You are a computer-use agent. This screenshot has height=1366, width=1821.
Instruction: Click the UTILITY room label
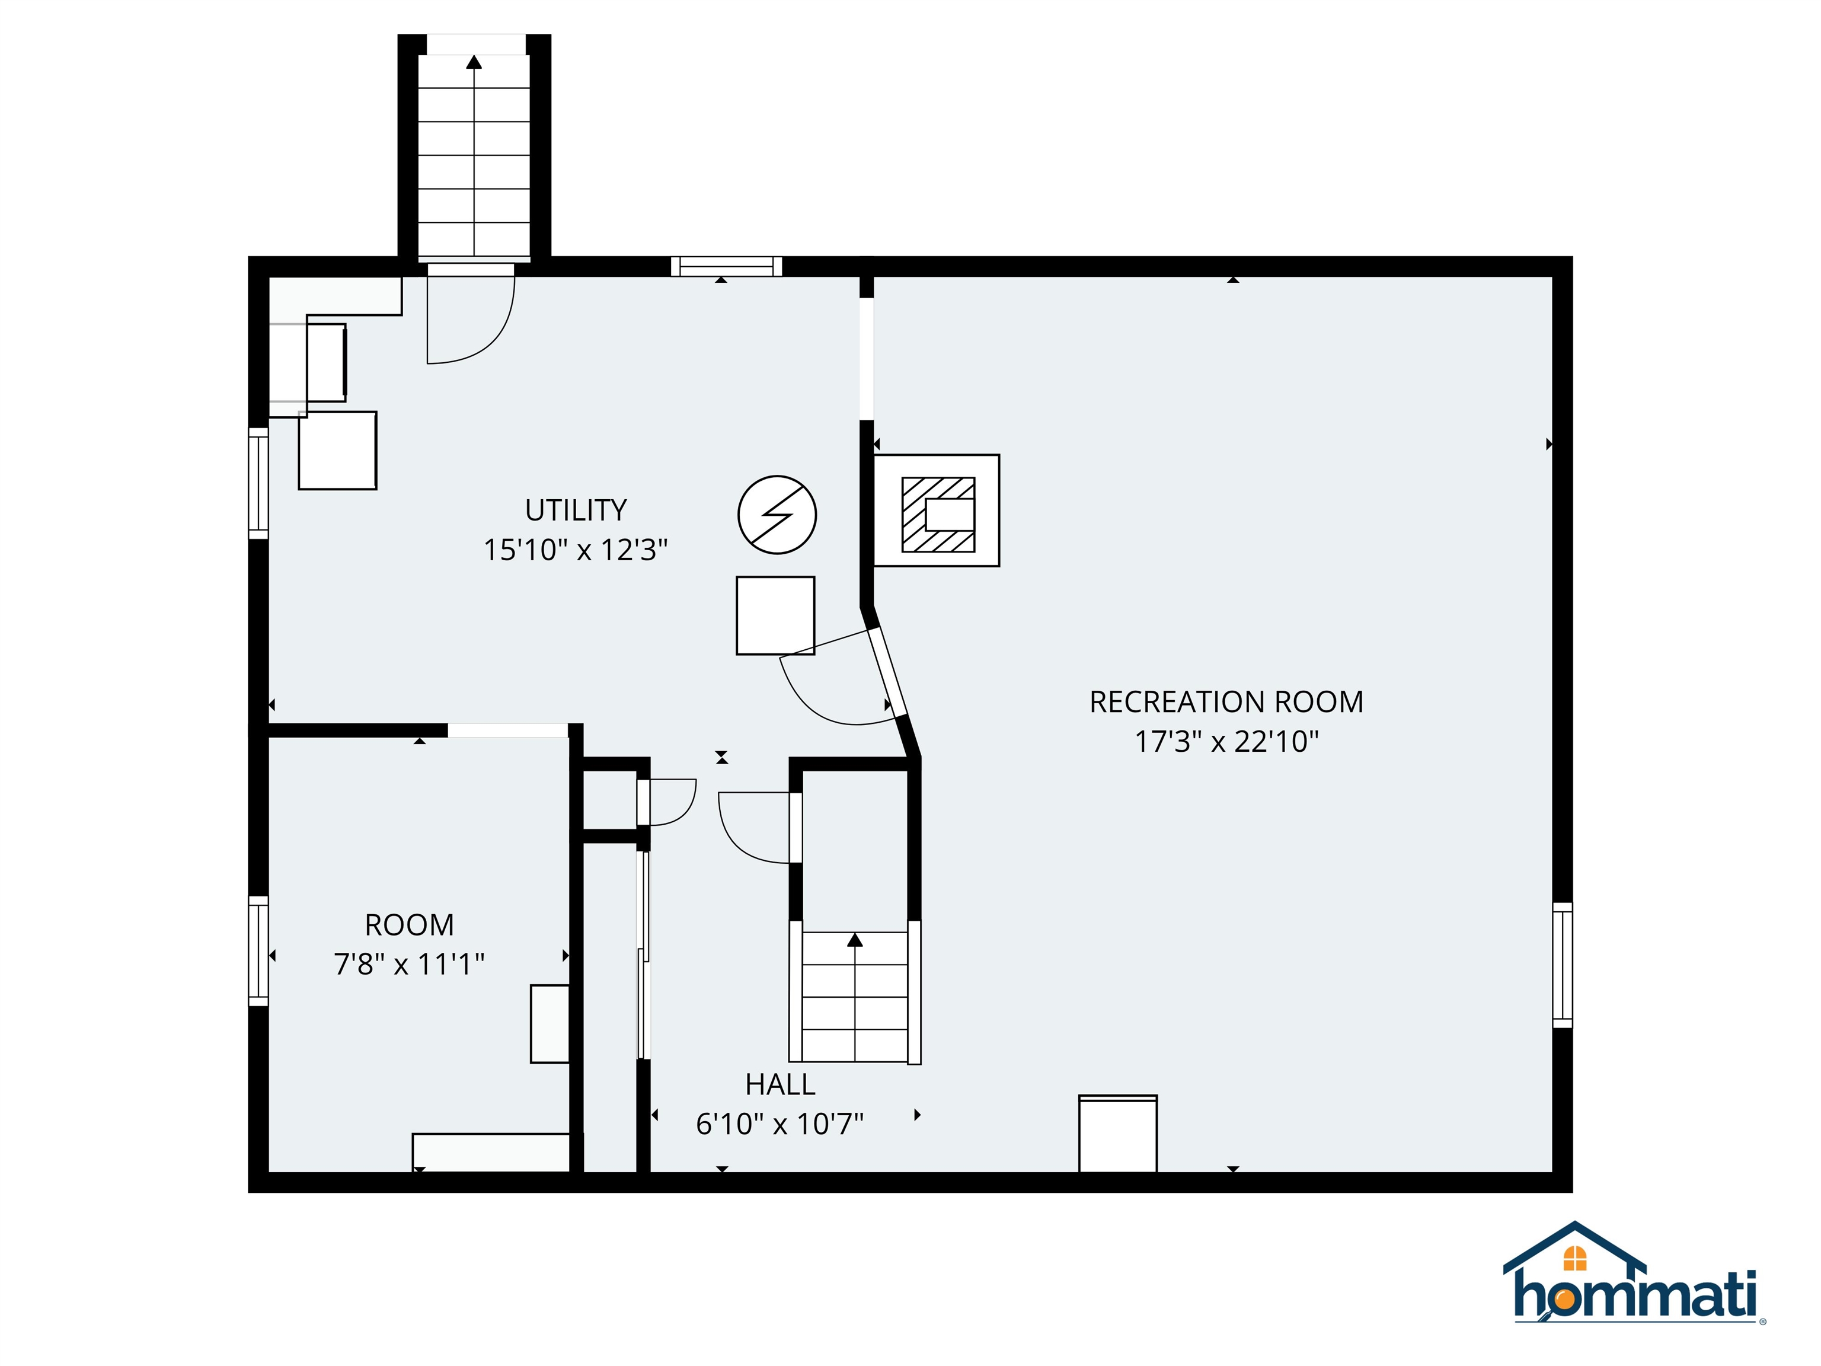tap(576, 510)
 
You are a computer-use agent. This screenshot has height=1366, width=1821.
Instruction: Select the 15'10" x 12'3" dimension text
tap(576, 549)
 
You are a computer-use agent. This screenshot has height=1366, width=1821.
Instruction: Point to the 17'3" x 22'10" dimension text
tap(1226, 742)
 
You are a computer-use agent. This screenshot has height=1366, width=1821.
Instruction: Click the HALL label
tap(779, 1084)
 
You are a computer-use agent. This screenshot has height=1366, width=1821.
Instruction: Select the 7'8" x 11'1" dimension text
tap(409, 963)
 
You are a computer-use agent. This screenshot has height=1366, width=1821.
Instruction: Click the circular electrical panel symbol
tap(777, 515)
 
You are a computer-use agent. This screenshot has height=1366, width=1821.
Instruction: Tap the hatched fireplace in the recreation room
tap(938, 515)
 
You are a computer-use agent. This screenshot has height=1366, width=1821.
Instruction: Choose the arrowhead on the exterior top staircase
tap(474, 62)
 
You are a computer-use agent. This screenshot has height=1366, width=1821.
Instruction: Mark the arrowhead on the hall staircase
tap(855, 940)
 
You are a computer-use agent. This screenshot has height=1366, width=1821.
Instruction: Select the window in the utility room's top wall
tap(726, 266)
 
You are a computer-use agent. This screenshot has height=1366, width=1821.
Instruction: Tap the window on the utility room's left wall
tap(258, 483)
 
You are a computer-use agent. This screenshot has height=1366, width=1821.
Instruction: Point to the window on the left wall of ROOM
tap(258, 951)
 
